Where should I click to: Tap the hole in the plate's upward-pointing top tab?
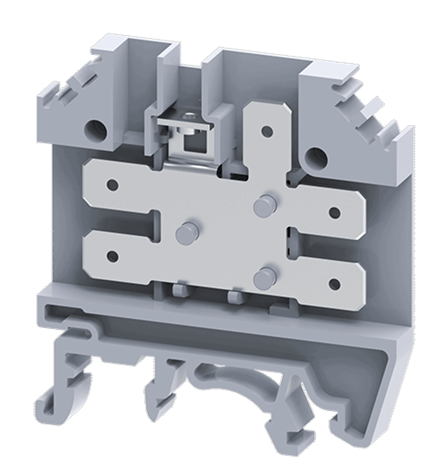(x=267, y=131)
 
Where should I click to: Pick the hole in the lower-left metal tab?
(x=113, y=257)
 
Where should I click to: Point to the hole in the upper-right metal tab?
(x=334, y=213)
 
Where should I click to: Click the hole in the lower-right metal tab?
(x=334, y=283)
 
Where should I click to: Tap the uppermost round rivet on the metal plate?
(x=265, y=206)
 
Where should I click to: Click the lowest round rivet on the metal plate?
(x=264, y=278)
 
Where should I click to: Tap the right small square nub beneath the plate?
(x=236, y=296)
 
